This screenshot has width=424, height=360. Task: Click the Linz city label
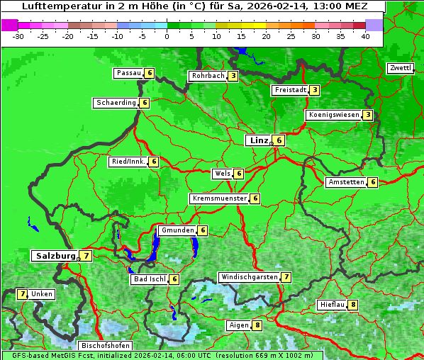(x=258, y=140)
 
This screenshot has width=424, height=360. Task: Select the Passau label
(x=128, y=73)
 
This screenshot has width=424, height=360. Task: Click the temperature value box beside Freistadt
(x=314, y=90)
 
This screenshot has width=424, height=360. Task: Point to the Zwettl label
(x=400, y=68)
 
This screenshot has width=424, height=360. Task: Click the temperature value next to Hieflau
(x=353, y=305)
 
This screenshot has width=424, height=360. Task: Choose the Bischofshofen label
(x=104, y=345)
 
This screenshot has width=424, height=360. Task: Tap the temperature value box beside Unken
(x=23, y=294)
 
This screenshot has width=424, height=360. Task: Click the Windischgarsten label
(x=248, y=277)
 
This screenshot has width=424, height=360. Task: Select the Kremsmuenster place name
(x=219, y=198)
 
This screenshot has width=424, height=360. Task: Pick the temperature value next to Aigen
(x=257, y=325)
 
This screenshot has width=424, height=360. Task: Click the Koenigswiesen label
(x=333, y=115)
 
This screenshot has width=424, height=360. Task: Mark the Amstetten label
(x=345, y=182)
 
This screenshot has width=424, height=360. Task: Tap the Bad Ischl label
(x=149, y=279)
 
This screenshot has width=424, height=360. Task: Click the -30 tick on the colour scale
(x=18, y=35)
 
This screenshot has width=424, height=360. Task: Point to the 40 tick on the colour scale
(x=365, y=35)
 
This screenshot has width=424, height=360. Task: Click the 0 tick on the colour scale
(x=167, y=35)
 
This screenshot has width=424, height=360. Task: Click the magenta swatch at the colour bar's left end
(x=9, y=25)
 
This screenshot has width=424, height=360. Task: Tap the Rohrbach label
(x=208, y=76)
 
